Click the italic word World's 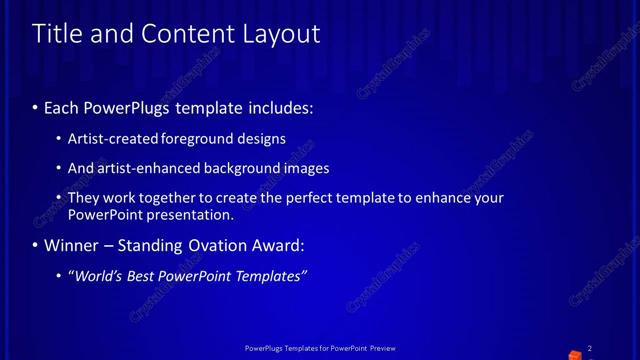tap(100, 276)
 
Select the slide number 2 tap(590, 348)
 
